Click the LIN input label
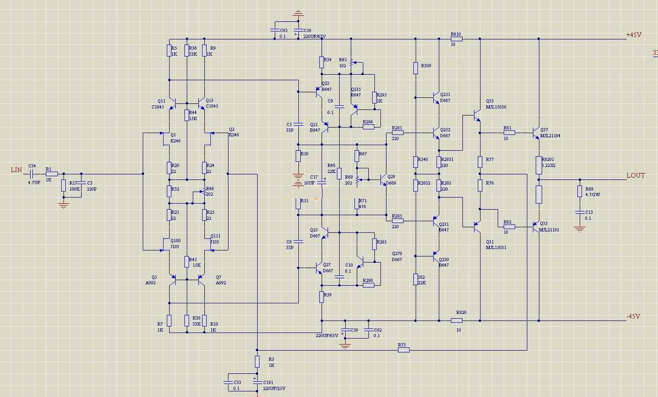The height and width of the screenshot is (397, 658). click(16, 170)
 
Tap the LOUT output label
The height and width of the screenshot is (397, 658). click(635, 175)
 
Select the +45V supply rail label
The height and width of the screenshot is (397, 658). click(633, 35)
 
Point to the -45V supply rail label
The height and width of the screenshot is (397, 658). click(633, 316)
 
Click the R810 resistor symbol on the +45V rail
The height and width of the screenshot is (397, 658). click(456, 39)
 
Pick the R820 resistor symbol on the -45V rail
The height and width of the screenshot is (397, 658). click(456, 320)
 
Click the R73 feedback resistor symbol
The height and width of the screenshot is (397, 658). click(404, 350)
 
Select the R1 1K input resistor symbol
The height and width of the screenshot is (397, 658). click(51, 174)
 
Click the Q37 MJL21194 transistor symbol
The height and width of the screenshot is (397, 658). click(536, 133)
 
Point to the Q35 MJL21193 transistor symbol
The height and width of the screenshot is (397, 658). click(536, 227)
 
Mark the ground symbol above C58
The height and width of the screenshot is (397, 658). click(298, 14)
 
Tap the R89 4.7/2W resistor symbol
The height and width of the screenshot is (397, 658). click(579, 191)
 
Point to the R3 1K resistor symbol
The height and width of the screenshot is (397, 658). click(257, 361)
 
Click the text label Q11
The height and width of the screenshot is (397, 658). click(161, 101)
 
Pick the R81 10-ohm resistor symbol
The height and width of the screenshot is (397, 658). click(509, 133)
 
